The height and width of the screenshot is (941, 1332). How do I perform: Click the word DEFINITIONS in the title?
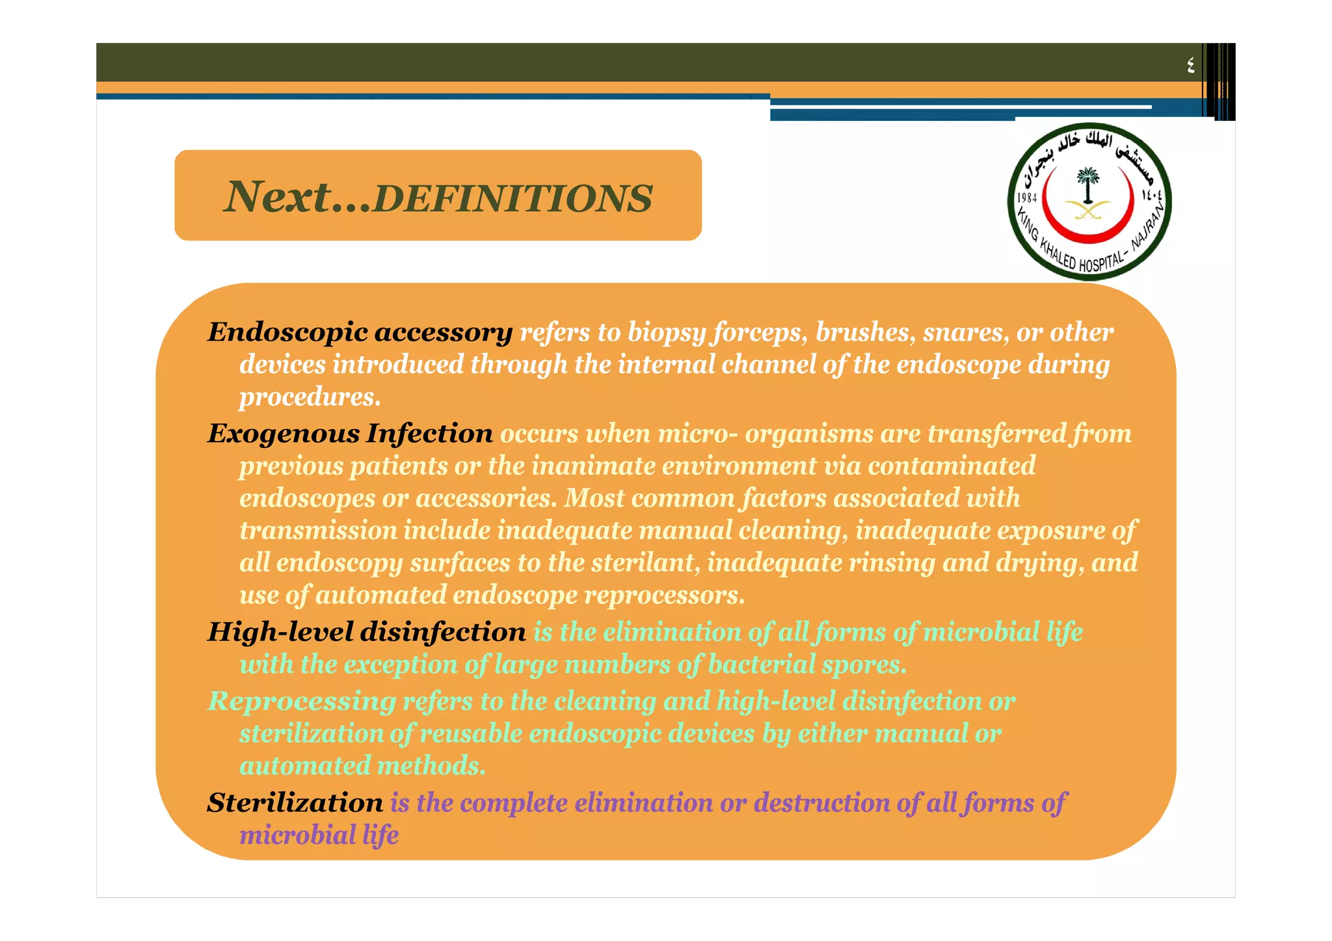[x=513, y=198]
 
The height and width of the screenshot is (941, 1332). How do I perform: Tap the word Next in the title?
[x=278, y=196]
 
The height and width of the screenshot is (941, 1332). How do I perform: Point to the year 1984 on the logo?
[x=1027, y=198]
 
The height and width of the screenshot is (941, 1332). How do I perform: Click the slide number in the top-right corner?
[x=1190, y=64]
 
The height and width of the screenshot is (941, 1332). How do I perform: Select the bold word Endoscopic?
[x=287, y=332]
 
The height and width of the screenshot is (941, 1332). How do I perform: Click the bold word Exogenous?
[x=284, y=434]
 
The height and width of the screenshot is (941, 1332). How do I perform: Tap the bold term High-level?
[x=280, y=632]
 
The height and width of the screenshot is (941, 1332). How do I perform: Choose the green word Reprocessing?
[x=302, y=701]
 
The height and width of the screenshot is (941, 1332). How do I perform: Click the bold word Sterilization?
[x=295, y=803]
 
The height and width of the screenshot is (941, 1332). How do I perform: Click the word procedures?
[x=310, y=397]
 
